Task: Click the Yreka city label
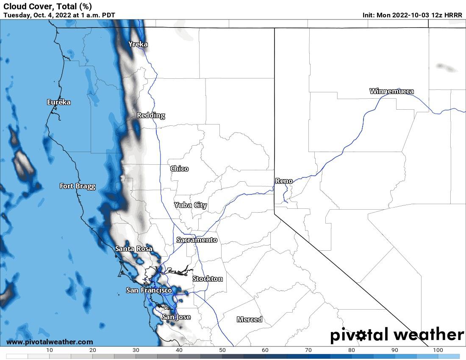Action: point(138,44)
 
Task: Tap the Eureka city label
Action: point(59,102)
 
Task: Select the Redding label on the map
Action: point(151,115)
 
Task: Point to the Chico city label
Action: point(179,169)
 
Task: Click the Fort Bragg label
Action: point(78,186)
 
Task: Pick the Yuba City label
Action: point(191,205)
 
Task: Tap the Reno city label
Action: point(284,181)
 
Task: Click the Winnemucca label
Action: point(391,91)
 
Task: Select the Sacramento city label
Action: point(197,240)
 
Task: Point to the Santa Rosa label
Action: point(134,249)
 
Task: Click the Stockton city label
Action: point(208,279)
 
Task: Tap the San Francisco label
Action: point(149,290)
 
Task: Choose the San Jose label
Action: point(176,317)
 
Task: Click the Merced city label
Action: point(250,319)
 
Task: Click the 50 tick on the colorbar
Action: point(222,350)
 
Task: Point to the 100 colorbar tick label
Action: point(438,350)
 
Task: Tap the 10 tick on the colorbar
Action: point(50,350)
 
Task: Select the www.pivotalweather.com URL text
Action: point(50,342)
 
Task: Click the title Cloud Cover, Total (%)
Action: point(47,6)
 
